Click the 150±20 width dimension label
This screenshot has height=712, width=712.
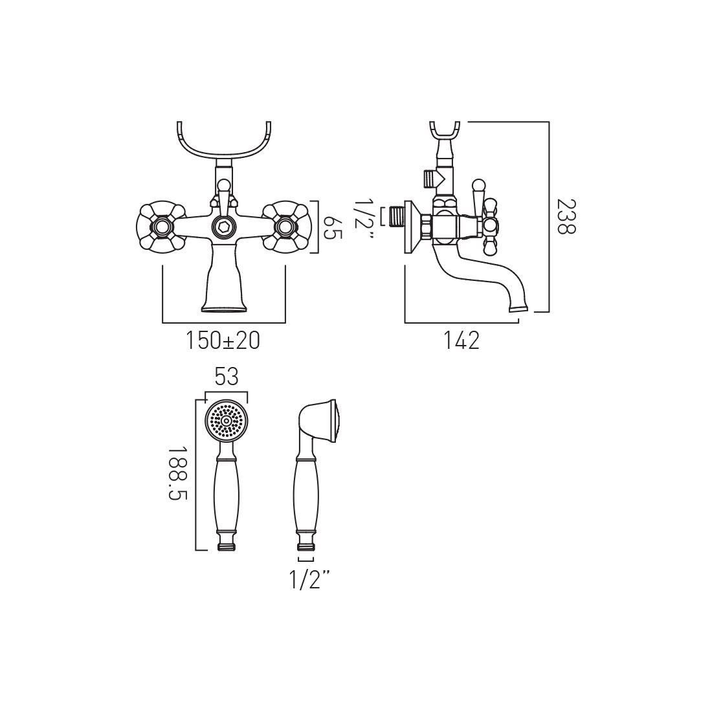[x=223, y=340]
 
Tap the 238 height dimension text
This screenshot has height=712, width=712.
[x=566, y=217]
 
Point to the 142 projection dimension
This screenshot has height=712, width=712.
[x=462, y=340]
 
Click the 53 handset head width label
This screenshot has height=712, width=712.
[x=227, y=377]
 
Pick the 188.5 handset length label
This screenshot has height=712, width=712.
[x=177, y=473]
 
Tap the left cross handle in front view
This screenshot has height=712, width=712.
[x=161, y=226]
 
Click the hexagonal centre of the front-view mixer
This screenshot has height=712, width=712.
[x=223, y=226]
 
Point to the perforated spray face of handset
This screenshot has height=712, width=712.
[x=227, y=421]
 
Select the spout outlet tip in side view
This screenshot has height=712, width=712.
[x=518, y=308]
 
